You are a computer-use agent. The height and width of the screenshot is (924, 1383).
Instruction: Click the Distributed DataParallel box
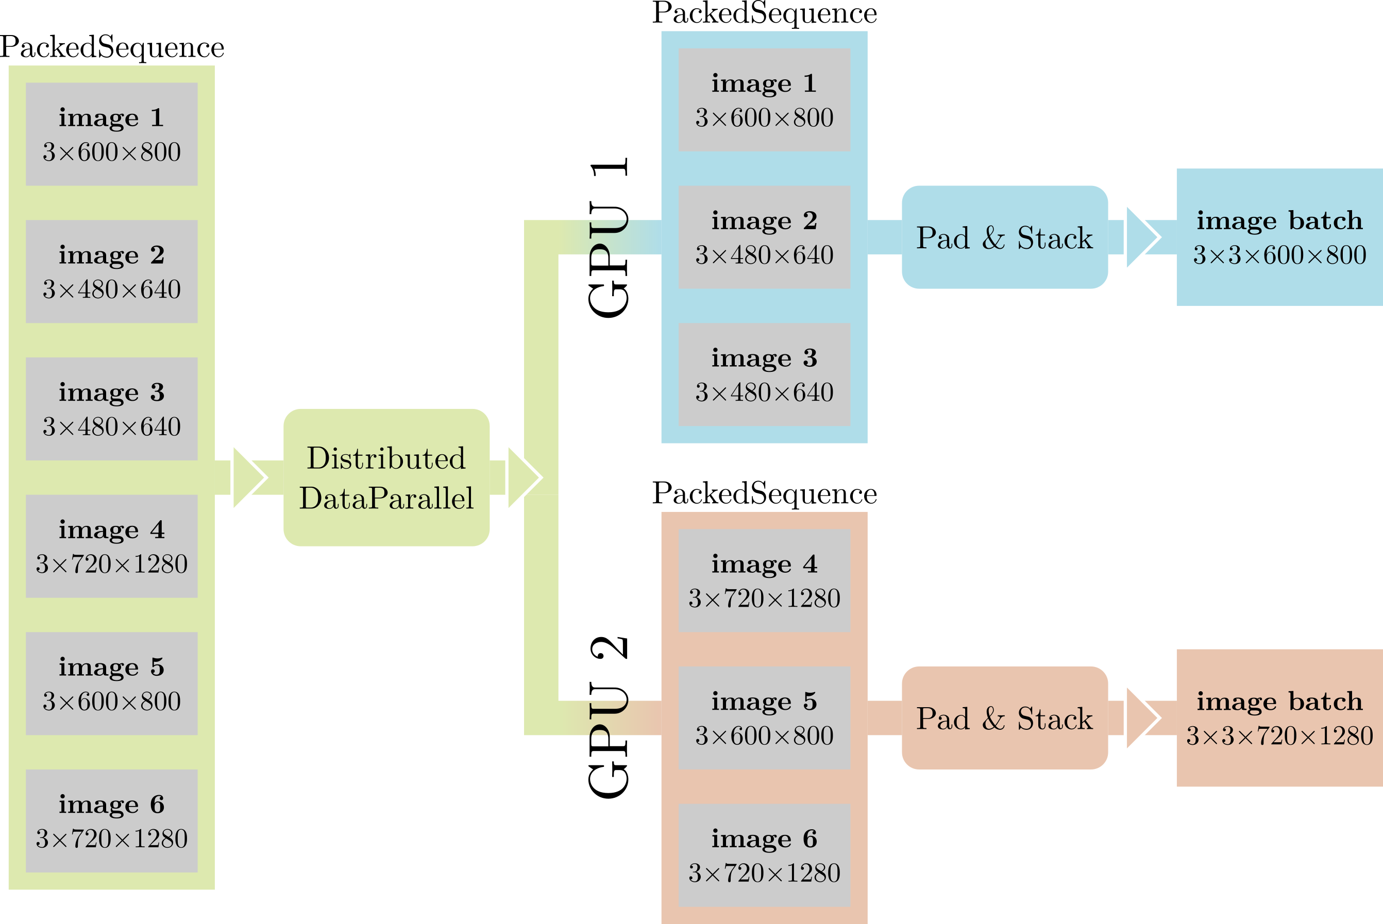click(x=386, y=477)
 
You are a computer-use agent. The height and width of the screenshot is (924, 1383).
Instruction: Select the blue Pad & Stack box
click(x=1005, y=237)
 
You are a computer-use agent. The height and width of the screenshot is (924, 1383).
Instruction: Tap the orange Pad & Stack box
click(x=1005, y=718)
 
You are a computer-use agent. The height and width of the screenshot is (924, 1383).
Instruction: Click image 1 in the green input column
click(x=111, y=134)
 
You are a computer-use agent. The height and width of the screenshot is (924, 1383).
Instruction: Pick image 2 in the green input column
click(x=111, y=271)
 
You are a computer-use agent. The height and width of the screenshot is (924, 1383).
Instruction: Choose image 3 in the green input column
click(x=111, y=409)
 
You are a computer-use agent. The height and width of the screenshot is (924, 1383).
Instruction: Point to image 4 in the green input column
click(x=111, y=546)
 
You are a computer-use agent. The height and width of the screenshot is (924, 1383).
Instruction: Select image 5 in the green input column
click(x=111, y=683)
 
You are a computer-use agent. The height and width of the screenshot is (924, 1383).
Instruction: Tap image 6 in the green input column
click(x=111, y=821)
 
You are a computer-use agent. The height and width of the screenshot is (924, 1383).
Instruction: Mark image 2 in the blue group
click(x=764, y=237)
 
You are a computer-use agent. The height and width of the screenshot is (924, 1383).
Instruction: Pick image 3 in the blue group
click(x=764, y=374)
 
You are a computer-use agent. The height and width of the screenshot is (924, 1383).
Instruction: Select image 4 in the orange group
click(x=764, y=580)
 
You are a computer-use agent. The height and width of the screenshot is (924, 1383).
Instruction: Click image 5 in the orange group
click(x=764, y=718)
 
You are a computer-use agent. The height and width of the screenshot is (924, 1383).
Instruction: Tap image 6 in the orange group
click(x=764, y=855)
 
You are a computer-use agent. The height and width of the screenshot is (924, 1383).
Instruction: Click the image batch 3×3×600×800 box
click(x=1279, y=237)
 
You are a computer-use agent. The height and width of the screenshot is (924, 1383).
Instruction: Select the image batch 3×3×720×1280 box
click(x=1279, y=718)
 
